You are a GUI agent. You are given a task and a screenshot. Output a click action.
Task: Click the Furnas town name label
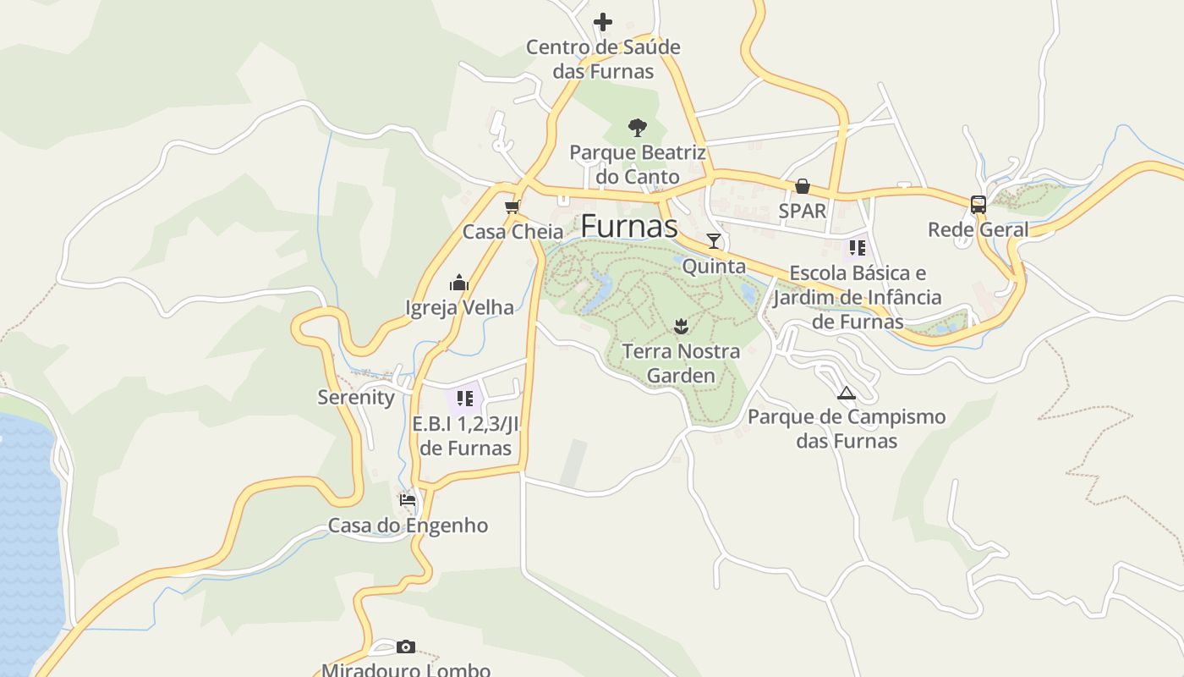pyautogui.click(x=629, y=226)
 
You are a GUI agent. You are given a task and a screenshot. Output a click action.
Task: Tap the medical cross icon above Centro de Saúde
pyautogui.click(x=602, y=21)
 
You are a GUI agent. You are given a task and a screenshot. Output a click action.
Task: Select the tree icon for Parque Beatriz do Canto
pyautogui.click(x=638, y=128)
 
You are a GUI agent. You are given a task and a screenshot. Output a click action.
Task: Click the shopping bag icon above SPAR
pyautogui.click(x=802, y=186)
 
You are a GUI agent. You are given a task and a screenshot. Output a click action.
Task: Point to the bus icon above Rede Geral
pyautogui.click(x=978, y=204)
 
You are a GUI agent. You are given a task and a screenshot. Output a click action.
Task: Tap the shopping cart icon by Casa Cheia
pyautogui.click(x=511, y=207)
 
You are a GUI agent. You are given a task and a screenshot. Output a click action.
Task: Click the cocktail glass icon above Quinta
pyautogui.click(x=714, y=241)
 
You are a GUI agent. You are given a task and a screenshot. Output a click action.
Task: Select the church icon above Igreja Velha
pyautogui.click(x=459, y=282)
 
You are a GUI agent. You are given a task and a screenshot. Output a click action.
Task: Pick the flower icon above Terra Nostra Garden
pyautogui.click(x=680, y=325)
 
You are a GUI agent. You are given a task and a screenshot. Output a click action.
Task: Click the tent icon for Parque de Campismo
pyautogui.click(x=846, y=393)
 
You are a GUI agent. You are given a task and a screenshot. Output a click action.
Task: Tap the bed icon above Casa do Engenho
pyautogui.click(x=408, y=500)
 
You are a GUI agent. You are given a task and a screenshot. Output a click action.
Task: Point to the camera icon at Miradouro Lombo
pyautogui.click(x=406, y=647)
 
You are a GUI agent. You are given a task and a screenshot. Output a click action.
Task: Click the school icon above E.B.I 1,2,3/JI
pyautogui.click(x=464, y=398)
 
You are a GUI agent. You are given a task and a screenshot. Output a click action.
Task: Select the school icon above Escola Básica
pyautogui.click(x=858, y=248)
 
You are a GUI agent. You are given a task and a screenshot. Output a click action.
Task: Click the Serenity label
pyautogui.click(x=356, y=398)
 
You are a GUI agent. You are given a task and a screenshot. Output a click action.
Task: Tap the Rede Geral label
pyautogui.click(x=978, y=229)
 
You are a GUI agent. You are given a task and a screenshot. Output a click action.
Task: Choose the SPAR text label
pyautogui.click(x=802, y=211)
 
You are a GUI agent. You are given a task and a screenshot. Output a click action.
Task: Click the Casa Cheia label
pyautogui.click(x=513, y=232)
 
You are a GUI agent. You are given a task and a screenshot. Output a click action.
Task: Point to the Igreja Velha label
pyautogui.click(x=459, y=307)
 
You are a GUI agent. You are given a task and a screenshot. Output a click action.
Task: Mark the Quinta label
pyautogui.click(x=714, y=267)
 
